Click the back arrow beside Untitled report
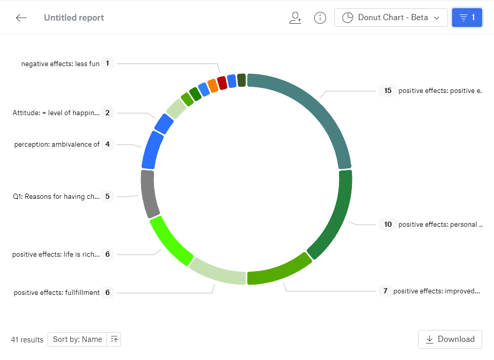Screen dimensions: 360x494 (x=21, y=18)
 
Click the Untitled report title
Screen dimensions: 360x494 (x=74, y=18)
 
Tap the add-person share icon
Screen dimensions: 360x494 (x=295, y=18)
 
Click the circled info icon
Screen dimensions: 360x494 (x=320, y=18)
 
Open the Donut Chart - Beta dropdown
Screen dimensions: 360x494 (x=391, y=18)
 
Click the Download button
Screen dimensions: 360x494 (x=450, y=339)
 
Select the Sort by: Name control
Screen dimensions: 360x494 (x=78, y=339)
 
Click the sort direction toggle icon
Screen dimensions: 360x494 (x=114, y=339)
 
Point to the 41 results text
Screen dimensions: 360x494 (x=27, y=340)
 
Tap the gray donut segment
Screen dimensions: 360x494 (x=148, y=194)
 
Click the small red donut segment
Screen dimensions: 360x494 (x=222, y=83)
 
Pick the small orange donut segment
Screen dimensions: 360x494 (x=212, y=85)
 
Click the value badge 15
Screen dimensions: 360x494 (x=388, y=90)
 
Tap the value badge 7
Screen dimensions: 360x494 (x=384, y=291)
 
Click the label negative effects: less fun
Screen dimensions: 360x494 (x=60, y=64)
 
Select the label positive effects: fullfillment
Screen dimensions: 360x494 (x=56, y=292)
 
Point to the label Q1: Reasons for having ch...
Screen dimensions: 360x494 (x=56, y=196)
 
